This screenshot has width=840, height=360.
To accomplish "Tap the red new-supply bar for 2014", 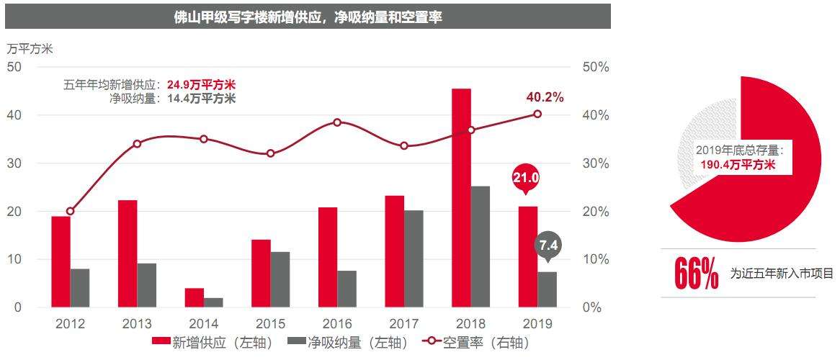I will click(x=195, y=297).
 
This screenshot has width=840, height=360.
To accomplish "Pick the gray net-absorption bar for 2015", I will click(x=280, y=279).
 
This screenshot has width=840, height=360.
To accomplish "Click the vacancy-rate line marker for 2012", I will click(x=70, y=212).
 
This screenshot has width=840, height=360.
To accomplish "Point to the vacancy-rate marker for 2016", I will click(x=337, y=122).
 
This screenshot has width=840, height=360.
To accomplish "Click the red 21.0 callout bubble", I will click(x=526, y=177).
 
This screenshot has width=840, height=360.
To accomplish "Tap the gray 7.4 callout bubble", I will click(x=548, y=246).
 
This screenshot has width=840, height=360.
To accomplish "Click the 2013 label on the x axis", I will click(x=137, y=324).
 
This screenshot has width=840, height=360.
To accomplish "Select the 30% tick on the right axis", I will click(x=595, y=163).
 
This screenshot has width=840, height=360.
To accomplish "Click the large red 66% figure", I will click(x=697, y=274).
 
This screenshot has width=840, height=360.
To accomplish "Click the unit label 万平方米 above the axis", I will click(x=30, y=49).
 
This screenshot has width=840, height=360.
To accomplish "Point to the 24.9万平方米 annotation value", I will click(x=201, y=84).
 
